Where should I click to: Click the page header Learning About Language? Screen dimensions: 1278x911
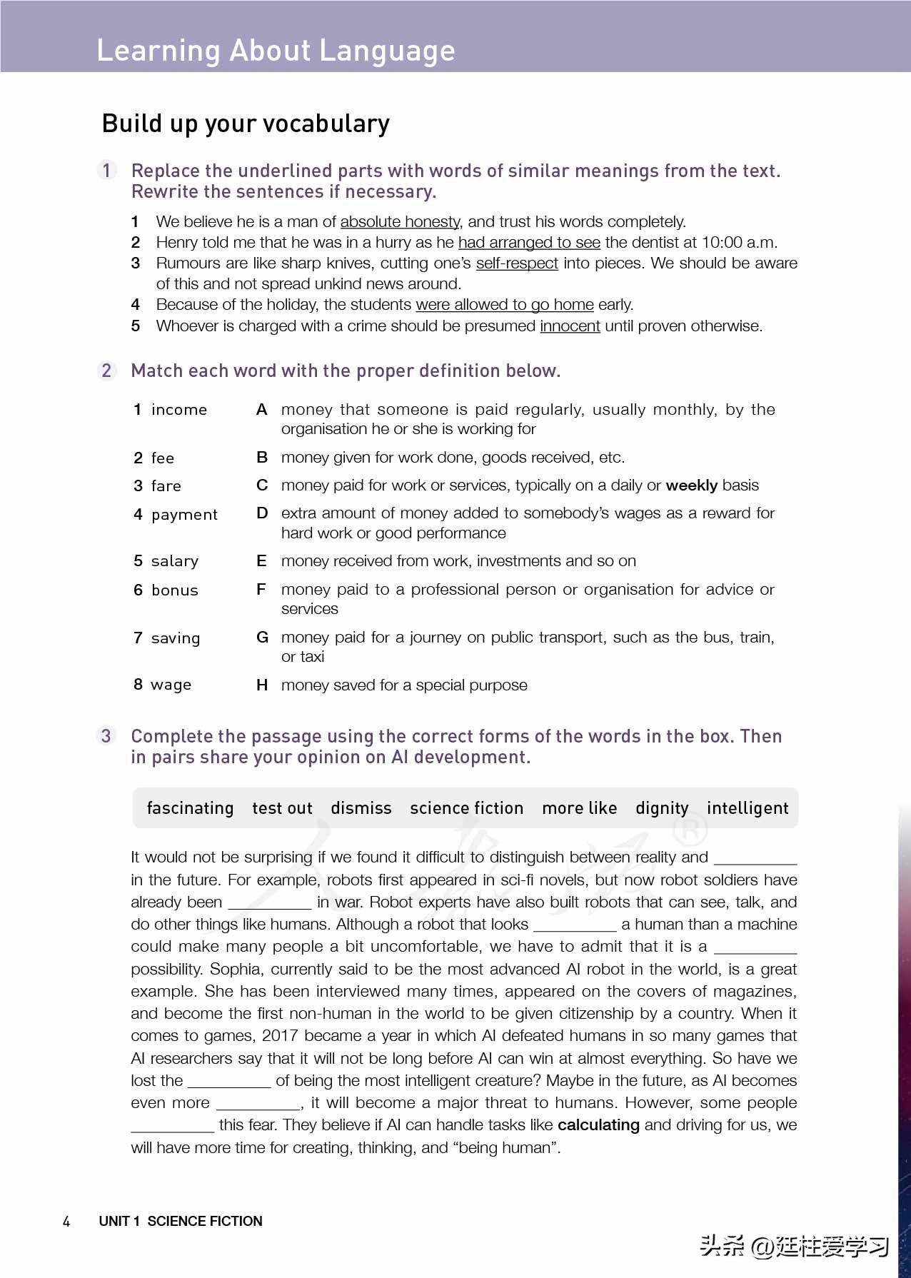(276, 51)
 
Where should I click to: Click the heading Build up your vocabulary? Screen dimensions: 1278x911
(246, 124)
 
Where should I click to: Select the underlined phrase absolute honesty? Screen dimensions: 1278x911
(400, 222)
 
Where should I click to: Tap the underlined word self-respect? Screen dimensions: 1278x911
(517, 263)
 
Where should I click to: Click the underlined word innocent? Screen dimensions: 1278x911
(570, 326)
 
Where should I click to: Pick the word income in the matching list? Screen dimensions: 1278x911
(178, 410)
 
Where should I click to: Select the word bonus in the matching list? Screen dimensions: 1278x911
(174, 590)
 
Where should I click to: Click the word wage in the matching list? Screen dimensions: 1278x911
(171, 685)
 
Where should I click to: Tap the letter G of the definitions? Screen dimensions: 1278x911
(262, 637)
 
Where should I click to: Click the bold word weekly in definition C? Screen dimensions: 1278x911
(691, 485)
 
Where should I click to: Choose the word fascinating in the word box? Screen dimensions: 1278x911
(190, 808)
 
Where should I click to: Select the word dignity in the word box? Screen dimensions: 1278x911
(662, 808)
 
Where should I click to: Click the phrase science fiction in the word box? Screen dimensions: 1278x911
(466, 808)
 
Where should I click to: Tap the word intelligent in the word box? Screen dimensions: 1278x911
(748, 808)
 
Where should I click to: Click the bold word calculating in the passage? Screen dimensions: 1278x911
(598, 1125)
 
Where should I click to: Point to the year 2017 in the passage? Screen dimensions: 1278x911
(280, 1036)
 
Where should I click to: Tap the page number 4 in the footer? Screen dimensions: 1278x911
(66, 1222)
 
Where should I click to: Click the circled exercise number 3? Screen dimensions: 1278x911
(106, 736)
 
